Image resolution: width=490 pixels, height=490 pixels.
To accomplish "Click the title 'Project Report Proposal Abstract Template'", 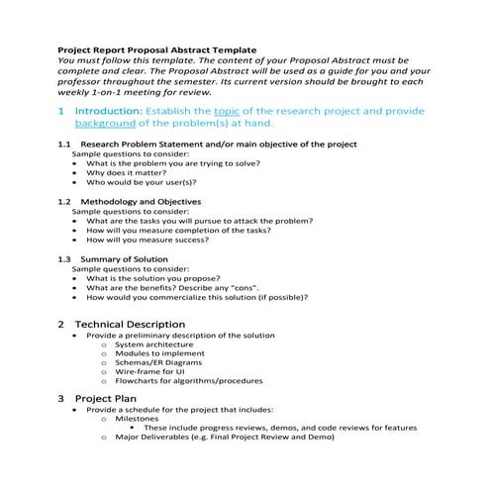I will [x=156, y=48].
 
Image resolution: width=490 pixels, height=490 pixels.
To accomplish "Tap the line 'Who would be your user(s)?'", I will [x=141, y=183].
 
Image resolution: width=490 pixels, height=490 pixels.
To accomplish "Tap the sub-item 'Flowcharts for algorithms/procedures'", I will [x=188, y=381].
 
